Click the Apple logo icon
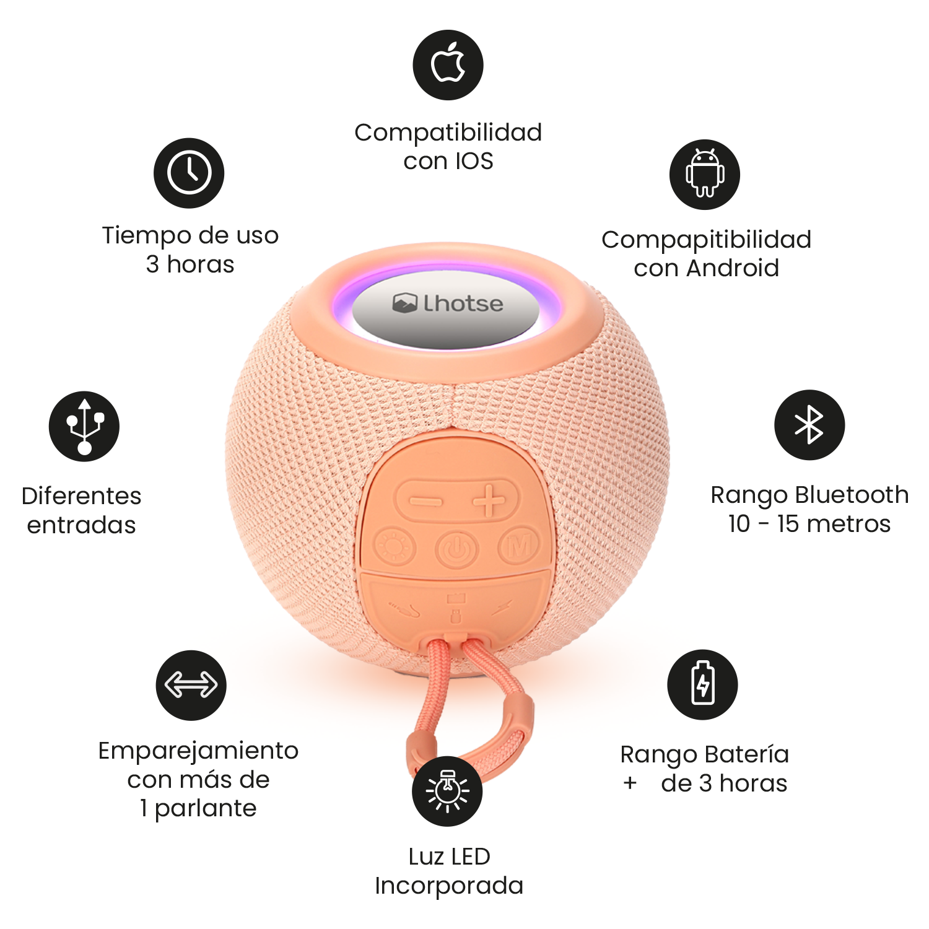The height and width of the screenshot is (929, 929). tap(448, 64)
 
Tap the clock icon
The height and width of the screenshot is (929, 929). tap(189, 173)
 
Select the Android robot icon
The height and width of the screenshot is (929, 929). tap(705, 174)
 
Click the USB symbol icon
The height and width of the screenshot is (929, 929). tap(84, 426)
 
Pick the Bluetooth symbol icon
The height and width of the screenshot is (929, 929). tap(809, 425)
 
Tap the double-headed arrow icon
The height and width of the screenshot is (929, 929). tap(191, 685)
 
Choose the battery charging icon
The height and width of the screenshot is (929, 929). tap(702, 684)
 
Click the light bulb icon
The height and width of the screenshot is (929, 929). tap(447, 791)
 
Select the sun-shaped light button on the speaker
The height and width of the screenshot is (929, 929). tap(394, 547)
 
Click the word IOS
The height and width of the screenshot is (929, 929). tap(474, 161)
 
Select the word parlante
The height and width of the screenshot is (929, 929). tap(206, 808)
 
